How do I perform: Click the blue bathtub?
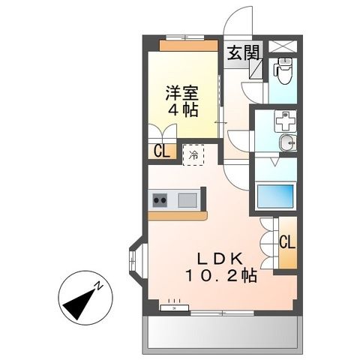[x=275, y=196]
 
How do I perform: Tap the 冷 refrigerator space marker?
[x=193, y=155]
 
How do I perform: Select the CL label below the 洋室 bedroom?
[x=161, y=151]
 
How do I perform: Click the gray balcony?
[x=223, y=332]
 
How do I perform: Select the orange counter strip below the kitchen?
[x=177, y=216]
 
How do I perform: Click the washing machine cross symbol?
[x=286, y=121]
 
